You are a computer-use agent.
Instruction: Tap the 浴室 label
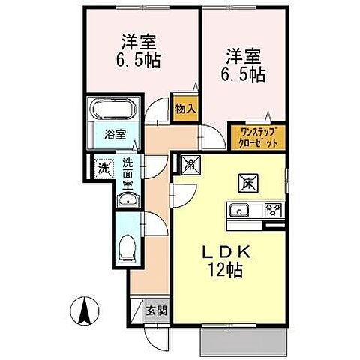point(114,136)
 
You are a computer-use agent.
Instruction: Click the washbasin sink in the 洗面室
point(128,199)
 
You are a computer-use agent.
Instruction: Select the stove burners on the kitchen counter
point(272,209)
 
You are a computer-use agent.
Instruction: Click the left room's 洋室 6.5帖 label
point(139,49)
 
